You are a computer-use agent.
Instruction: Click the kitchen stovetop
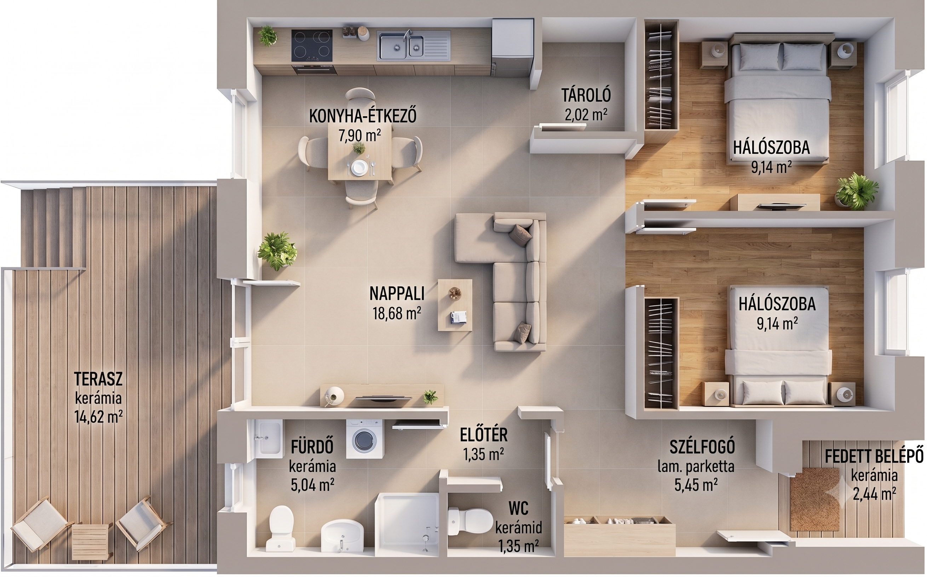312,45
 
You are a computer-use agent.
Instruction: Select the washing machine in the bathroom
363,438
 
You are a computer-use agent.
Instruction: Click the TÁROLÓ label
586,95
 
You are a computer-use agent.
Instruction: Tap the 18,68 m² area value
397,313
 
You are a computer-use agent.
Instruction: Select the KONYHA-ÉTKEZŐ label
362,116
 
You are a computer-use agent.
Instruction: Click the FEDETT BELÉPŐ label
874,456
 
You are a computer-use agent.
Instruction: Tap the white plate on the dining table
359,167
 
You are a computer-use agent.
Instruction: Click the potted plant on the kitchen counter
267,35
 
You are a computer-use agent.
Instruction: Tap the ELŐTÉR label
483,435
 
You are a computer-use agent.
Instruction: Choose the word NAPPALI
397,293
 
